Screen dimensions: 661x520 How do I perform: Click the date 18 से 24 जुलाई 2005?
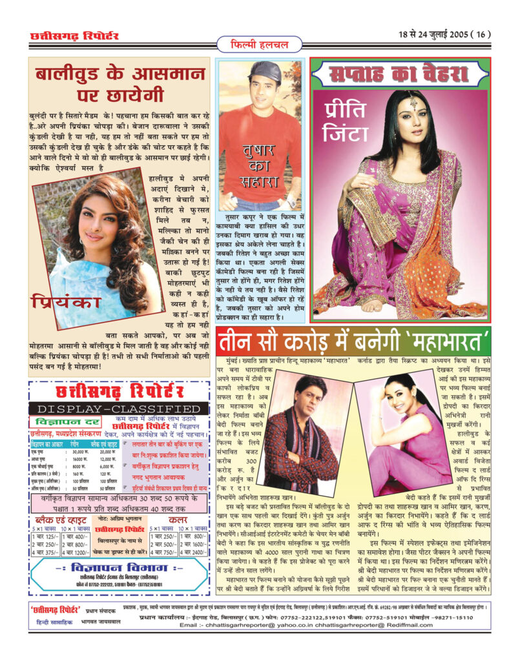[432, 35]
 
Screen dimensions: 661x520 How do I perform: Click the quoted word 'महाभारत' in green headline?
[448, 340]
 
